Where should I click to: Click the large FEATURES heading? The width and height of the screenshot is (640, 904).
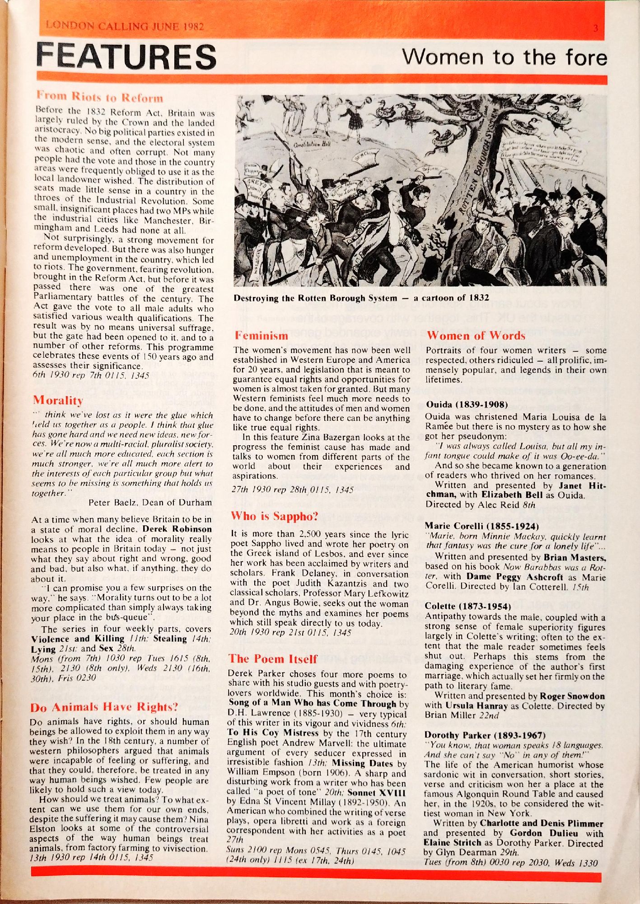[126, 57]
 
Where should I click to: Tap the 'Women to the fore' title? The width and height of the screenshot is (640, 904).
[504, 57]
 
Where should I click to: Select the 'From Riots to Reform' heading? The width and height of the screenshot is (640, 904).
[100, 98]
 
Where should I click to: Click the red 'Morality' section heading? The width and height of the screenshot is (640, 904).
[58, 400]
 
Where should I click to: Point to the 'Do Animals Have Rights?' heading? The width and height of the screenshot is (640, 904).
[104, 707]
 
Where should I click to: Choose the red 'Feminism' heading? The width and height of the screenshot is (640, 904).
[261, 335]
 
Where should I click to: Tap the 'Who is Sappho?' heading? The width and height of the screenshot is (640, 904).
[275, 516]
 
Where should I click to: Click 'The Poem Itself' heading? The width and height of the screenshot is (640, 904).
[273, 659]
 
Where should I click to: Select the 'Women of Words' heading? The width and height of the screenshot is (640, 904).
[476, 335]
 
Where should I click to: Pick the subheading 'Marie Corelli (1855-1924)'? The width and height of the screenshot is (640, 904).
[481, 526]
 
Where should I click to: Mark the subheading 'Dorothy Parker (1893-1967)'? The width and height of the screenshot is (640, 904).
[485, 735]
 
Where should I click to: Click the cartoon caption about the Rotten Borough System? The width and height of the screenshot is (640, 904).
[361, 298]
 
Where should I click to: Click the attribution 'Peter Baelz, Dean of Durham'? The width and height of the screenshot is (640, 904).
[150, 502]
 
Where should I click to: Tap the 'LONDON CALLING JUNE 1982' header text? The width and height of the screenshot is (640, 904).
[125, 26]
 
